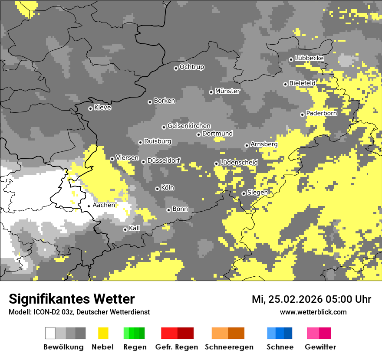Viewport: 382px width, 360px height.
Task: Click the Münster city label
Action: [x=227, y=91]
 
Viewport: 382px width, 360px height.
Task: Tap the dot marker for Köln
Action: [x=157, y=189]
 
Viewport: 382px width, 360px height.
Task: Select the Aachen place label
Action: [x=104, y=205]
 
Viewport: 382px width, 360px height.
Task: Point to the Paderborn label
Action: [x=322, y=113]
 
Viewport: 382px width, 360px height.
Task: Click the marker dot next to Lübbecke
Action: [x=291, y=59]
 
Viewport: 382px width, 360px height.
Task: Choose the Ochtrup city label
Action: [x=191, y=67]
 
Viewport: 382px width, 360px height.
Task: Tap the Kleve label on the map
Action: [x=102, y=108]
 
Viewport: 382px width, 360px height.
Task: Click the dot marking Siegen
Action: [x=244, y=193]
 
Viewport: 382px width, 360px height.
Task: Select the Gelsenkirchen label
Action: [x=189, y=126]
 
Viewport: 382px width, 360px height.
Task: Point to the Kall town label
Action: [x=135, y=228]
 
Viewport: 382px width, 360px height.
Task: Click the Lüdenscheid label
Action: [x=239, y=163]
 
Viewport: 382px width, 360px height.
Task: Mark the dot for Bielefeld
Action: [x=285, y=84]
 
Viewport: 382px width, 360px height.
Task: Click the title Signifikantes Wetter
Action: [x=72, y=299]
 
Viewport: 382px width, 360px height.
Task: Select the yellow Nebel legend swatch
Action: [x=103, y=333]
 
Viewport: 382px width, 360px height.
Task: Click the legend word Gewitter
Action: [x=320, y=347]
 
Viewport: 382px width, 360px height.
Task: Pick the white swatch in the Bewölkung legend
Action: [x=50, y=333]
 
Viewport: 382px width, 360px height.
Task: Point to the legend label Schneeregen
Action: [x=229, y=347]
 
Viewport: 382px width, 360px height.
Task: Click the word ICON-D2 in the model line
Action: [x=45, y=312]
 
